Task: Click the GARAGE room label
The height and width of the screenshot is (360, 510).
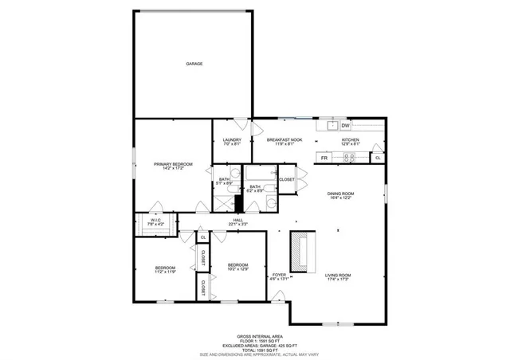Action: tap(194, 63)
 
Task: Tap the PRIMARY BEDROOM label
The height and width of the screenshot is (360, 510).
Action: tap(173, 166)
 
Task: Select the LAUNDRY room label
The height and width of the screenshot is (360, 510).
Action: tap(231, 142)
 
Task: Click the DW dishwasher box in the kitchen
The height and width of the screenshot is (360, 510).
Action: tap(345, 126)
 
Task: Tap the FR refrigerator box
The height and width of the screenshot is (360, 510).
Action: tap(324, 158)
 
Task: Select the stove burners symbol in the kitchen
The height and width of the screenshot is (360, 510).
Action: tap(348, 158)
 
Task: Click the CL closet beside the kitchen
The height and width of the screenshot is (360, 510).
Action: tap(378, 158)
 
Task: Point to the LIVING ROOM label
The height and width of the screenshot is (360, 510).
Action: tap(338, 277)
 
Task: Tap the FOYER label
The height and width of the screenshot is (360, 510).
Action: tap(278, 276)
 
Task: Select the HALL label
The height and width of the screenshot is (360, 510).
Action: tap(237, 222)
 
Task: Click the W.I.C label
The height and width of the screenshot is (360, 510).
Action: tap(155, 222)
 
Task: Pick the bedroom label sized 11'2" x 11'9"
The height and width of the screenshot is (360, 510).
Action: tap(165, 269)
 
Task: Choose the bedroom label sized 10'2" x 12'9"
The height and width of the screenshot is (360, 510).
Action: tap(237, 267)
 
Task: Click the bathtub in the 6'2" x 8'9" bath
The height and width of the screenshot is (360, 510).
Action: tap(257, 172)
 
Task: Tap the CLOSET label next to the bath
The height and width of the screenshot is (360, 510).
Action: tap(286, 179)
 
